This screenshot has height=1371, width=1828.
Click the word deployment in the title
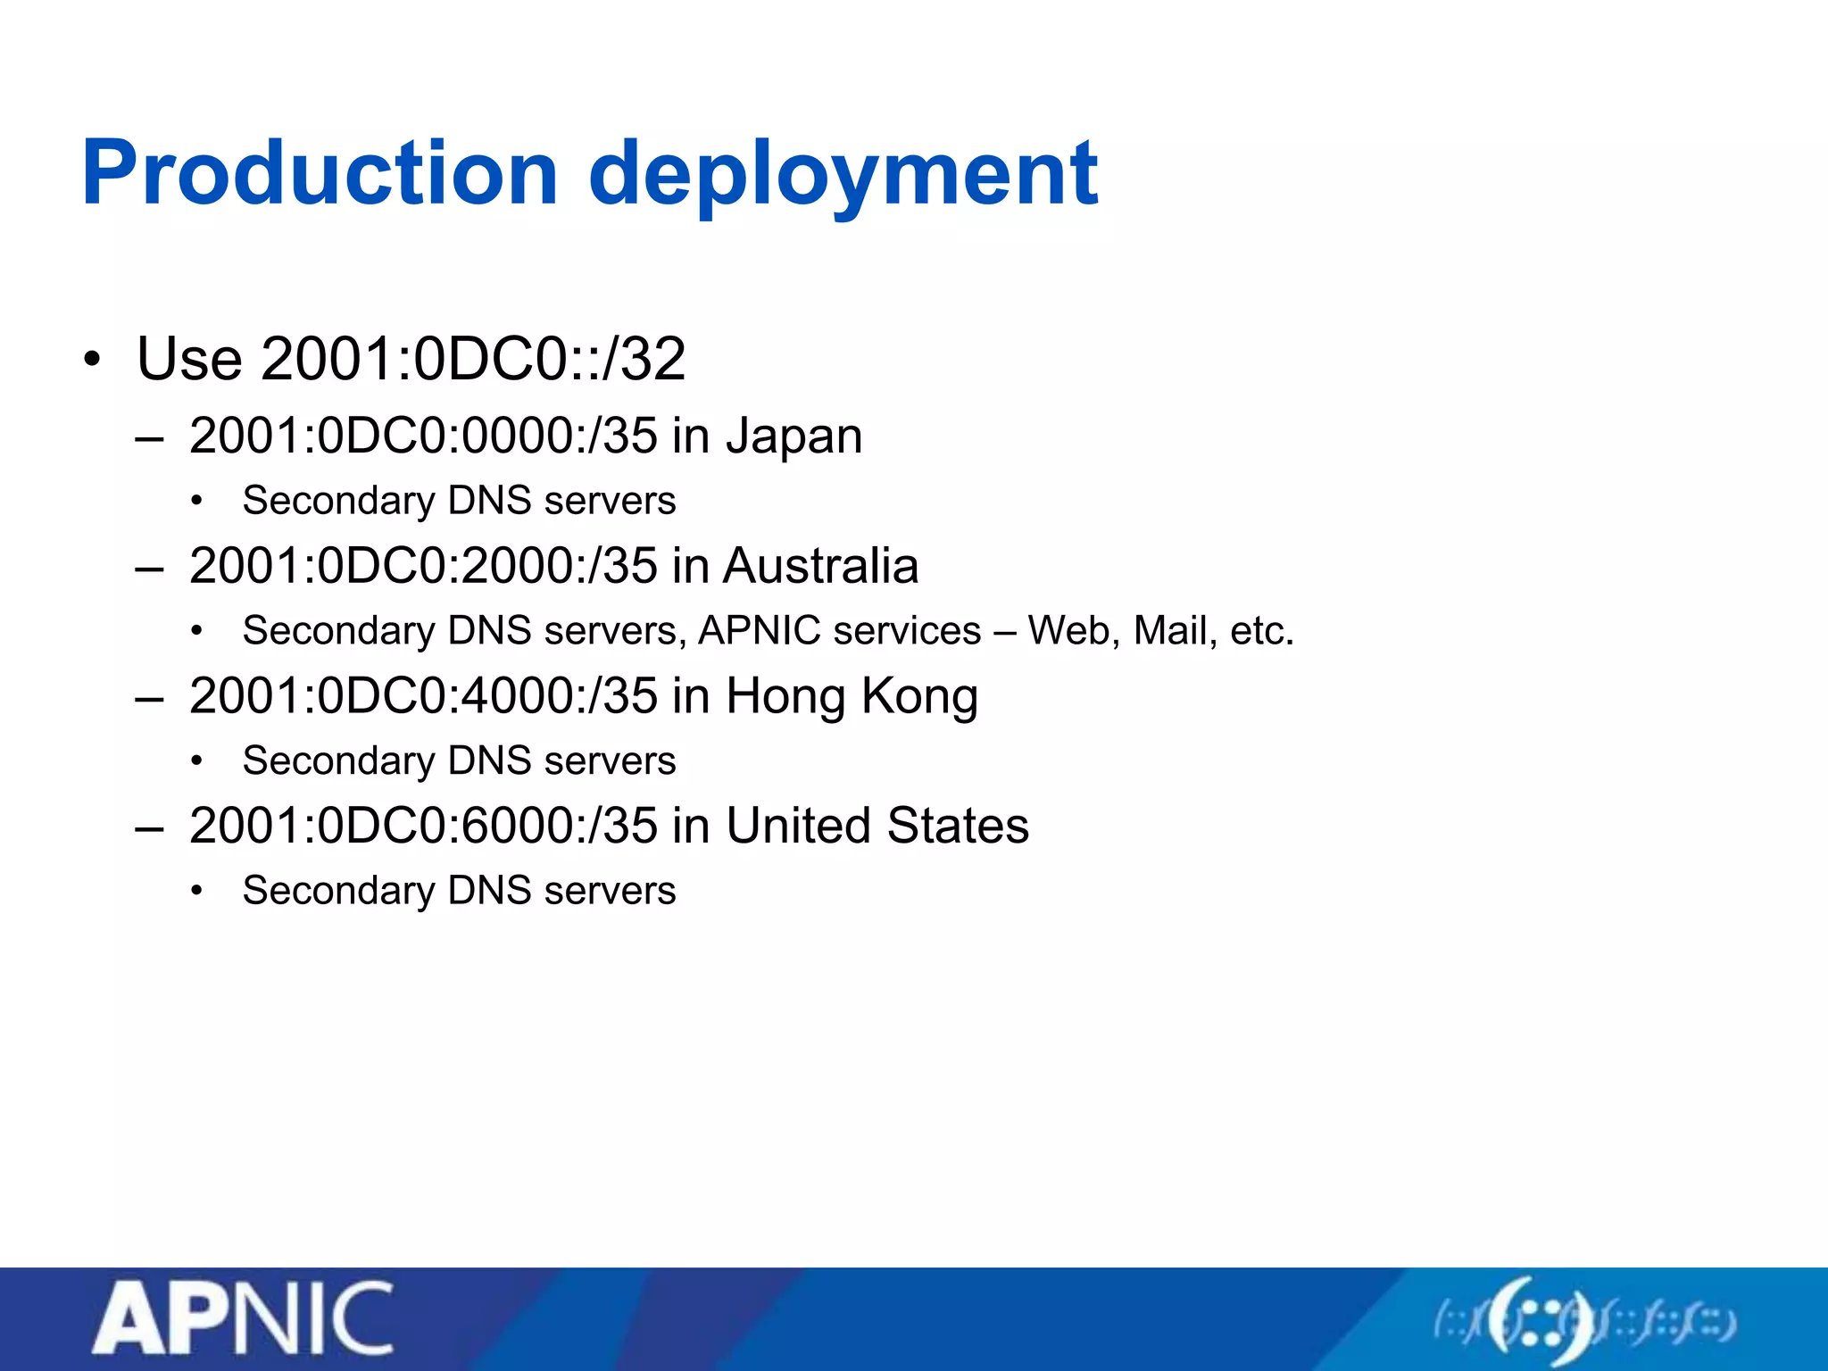click(x=843, y=175)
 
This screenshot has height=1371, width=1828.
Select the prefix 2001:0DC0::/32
click(x=473, y=360)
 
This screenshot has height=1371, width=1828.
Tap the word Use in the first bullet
click(x=189, y=360)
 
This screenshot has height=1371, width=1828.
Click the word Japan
click(x=794, y=436)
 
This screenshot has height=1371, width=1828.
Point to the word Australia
click(x=820, y=566)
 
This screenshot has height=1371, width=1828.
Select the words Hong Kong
click(x=852, y=696)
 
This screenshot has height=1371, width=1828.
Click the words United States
click(x=877, y=826)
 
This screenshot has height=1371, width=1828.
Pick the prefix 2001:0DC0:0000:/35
click(x=423, y=436)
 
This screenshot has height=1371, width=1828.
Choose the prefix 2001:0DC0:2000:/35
click(x=423, y=566)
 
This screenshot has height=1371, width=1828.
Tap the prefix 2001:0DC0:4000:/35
click(x=423, y=696)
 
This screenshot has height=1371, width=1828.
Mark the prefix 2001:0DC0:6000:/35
click(x=423, y=826)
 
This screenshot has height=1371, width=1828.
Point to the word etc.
click(x=1261, y=631)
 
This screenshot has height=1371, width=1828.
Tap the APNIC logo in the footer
click(x=243, y=1319)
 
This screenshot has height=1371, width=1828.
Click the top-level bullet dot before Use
click(x=92, y=360)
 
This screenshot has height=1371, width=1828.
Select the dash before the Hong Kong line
click(x=149, y=698)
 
